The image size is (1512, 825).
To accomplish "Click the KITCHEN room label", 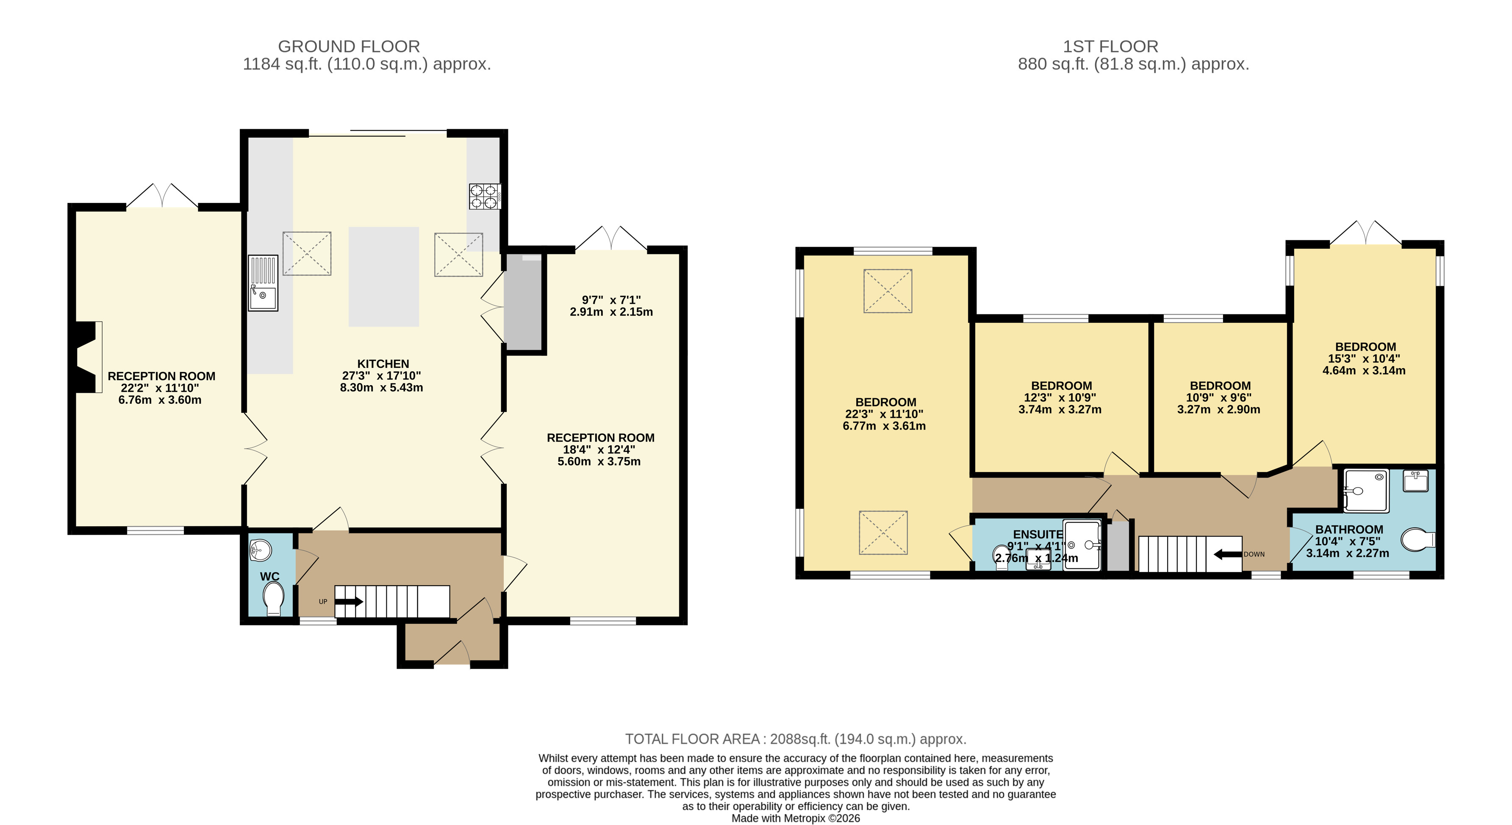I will tap(383, 364).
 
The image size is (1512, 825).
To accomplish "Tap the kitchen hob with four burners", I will tap(484, 196).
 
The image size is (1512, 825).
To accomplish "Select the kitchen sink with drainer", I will tap(262, 283).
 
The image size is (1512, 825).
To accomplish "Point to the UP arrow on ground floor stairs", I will tap(349, 602).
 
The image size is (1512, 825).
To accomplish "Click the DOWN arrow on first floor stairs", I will tap(1227, 554).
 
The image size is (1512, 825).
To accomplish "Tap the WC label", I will tap(269, 576).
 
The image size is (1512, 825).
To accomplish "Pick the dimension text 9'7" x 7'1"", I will tap(611, 300).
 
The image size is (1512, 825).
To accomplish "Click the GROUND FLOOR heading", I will tap(349, 46).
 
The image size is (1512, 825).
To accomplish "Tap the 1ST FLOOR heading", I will tap(1110, 46).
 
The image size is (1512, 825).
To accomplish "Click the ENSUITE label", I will tap(1038, 534).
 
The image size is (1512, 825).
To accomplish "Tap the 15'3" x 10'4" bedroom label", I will tap(1364, 358).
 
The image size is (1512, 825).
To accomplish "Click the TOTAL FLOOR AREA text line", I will tap(795, 739).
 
